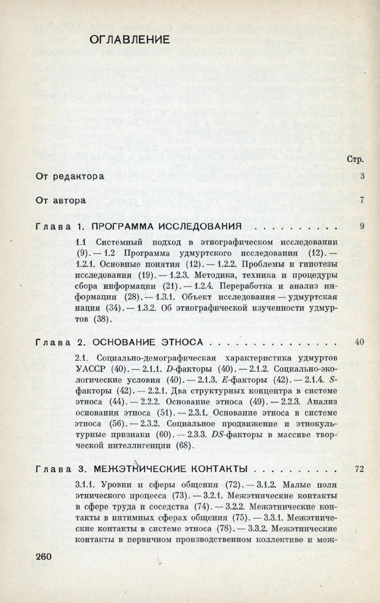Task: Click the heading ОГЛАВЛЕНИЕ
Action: pyautogui.click(x=130, y=40)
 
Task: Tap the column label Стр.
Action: pyautogui.click(x=356, y=159)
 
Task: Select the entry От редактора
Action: pyautogui.click(x=70, y=177)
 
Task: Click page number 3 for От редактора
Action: pyautogui.click(x=362, y=177)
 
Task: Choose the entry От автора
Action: pyautogui.click(x=61, y=200)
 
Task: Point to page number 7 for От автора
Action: pyautogui.click(x=362, y=200)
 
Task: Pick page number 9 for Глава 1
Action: pyautogui.click(x=362, y=226)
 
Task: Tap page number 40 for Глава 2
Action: pyautogui.click(x=359, y=342)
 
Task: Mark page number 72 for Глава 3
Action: pyautogui.click(x=359, y=469)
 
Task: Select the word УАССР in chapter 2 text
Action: pyautogui.click(x=89, y=368)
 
